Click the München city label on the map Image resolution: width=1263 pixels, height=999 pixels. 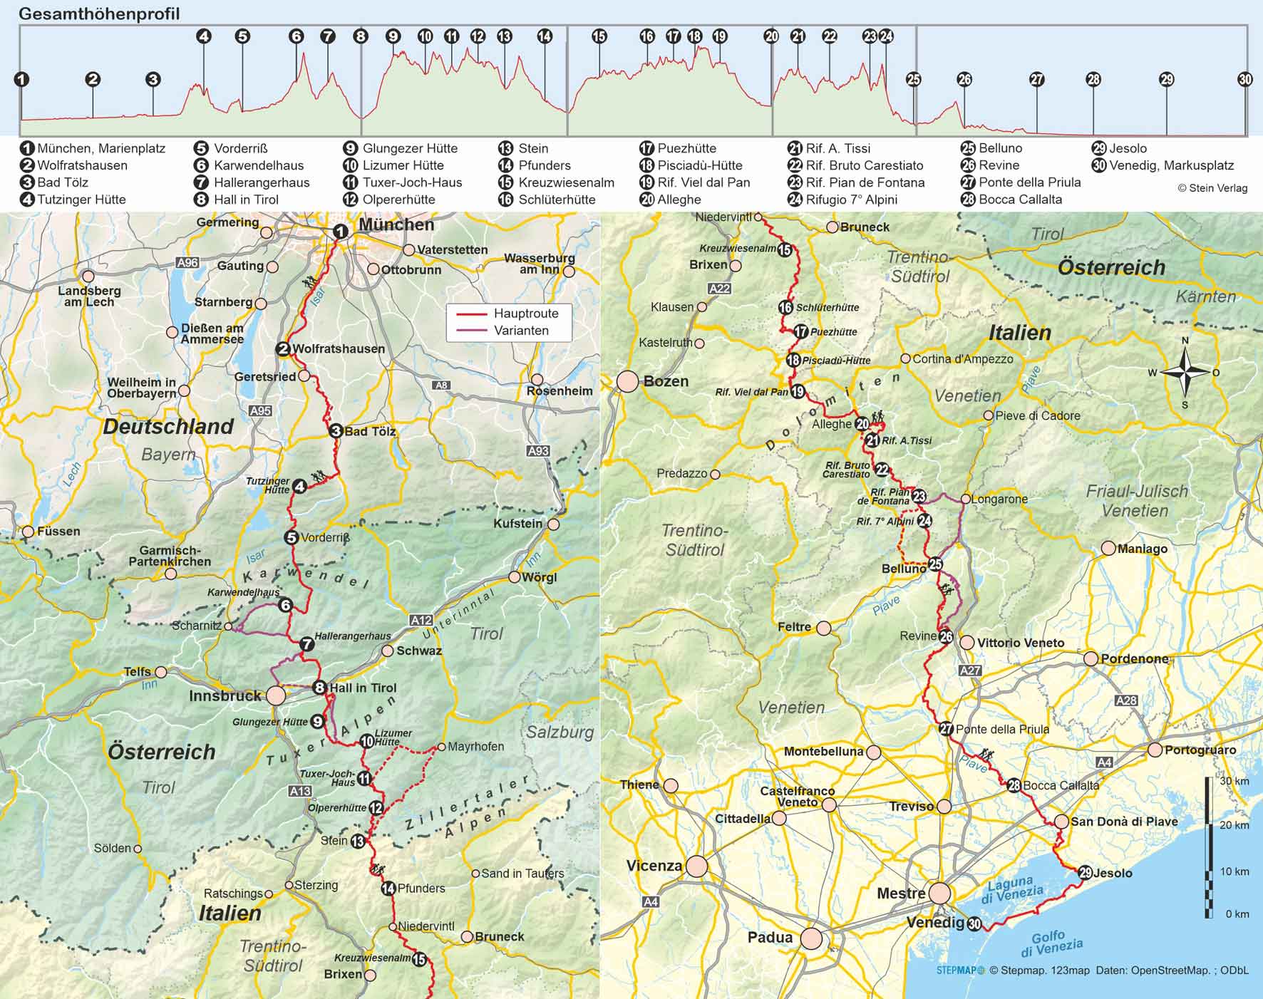pyautogui.click(x=396, y=224)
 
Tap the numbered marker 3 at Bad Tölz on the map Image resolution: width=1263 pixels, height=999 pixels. pyautogui.click(x=336, y=430)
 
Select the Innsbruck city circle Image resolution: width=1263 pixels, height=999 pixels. pyautogui.click(x=276, y=695)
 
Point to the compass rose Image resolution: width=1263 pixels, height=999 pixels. pyautogui.click(x=1185, y=372)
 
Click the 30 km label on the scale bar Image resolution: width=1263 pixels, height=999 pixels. pyautogui.click(x=1234, y=781)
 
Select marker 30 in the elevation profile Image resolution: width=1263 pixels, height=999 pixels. pyautogui.click(x=1244, y=79)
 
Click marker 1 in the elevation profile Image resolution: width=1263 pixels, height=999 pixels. pyautogui.click(x=22, y=79)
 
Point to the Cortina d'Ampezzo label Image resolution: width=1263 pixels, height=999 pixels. pyautogui.click(x=962, y=359)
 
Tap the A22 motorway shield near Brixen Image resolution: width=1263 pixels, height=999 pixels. pyautogui.click(x=719, y=289)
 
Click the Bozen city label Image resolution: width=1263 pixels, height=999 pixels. pyautogui.click(x=666, y=381)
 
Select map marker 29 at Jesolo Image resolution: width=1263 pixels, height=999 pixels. pyautogui.click(x=1085, y=872)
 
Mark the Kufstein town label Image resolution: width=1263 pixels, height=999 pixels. pyautogui.click(x=517, y=524)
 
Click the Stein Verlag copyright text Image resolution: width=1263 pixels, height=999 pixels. pyautogui.click(x=1212, y=188)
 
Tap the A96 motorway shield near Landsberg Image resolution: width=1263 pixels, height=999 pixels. pyautogui.click(x=187, y=263)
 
